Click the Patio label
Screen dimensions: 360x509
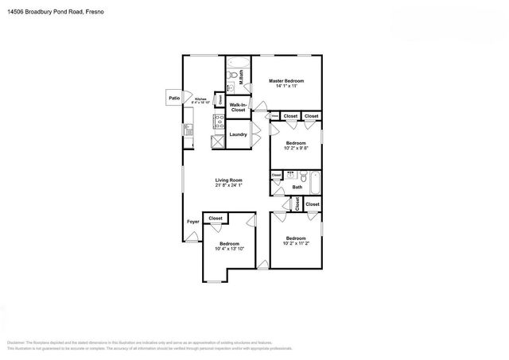pos(173,99)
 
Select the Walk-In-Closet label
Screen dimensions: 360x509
pos(238,107)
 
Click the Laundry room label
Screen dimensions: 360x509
pos(238,134)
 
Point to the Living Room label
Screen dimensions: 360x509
pos(228,180)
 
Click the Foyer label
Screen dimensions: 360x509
pos(192,222)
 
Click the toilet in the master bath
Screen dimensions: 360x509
pos(231,77)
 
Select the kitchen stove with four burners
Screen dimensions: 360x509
pos(217,122)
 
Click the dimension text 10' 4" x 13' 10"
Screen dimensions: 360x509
pos(229,249)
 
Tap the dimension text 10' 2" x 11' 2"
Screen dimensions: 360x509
pos(296,243)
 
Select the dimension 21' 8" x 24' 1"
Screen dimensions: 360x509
pos(228,186)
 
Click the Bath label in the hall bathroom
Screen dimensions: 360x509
pos(297,188)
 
